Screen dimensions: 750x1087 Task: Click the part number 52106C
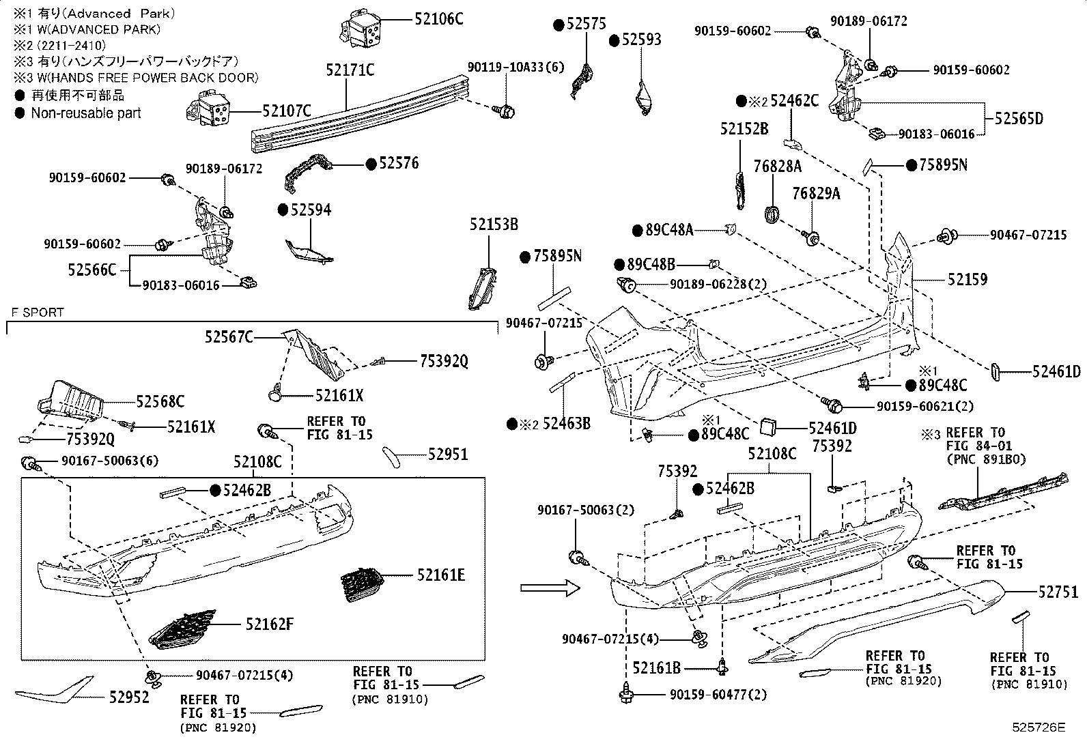click(438, 19)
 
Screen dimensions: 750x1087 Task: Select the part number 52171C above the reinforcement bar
click(350, 70)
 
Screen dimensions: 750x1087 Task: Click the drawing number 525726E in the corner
click(1039, 727)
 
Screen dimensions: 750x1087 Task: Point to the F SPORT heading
click(38, 313)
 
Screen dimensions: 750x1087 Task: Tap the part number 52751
click(1058, 592)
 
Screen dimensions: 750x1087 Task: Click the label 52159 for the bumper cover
click(967, 279)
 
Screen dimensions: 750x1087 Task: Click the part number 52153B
click(493, 225)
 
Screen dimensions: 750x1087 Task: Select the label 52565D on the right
click(1019, 119)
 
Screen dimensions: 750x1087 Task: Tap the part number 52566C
click(92, 270)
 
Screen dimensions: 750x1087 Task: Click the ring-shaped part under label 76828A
click(772, 214)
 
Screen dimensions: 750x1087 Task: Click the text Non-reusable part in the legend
click(85, 113)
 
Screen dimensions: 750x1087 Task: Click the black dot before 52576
click(371, 164)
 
